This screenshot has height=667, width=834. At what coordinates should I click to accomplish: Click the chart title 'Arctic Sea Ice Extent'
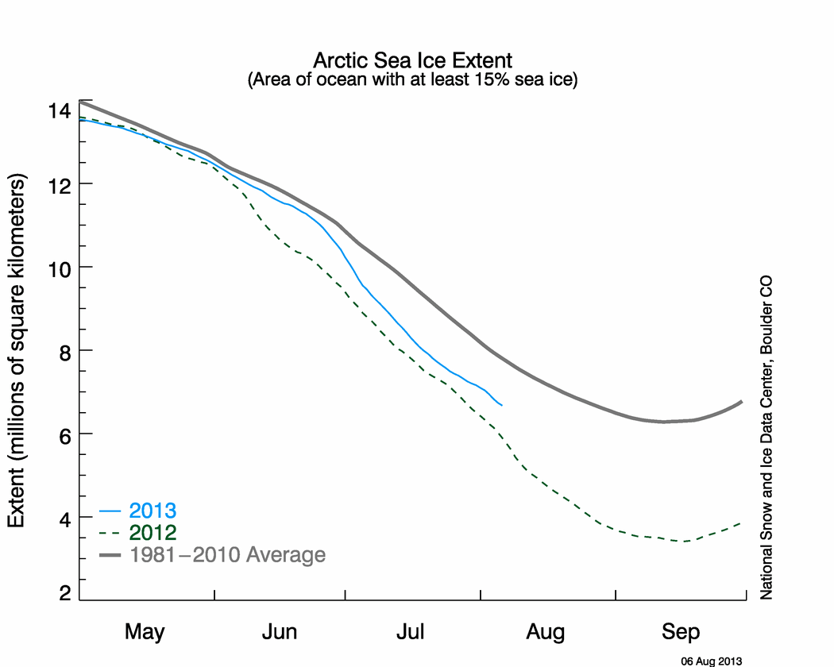coord(413,60)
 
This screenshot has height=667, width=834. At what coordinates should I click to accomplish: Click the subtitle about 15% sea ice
coord(413,79)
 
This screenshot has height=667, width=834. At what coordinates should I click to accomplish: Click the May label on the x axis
coord(145,632)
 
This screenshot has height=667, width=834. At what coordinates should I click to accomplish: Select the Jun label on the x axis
coord(279,632)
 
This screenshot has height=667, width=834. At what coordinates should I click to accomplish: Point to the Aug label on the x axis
coord(546,632)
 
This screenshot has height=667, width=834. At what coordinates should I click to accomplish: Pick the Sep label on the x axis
coord(681,632)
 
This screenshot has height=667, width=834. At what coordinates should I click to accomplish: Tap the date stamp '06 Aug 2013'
coord(712,660)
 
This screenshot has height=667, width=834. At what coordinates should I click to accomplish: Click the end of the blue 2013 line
coord(501,405)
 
